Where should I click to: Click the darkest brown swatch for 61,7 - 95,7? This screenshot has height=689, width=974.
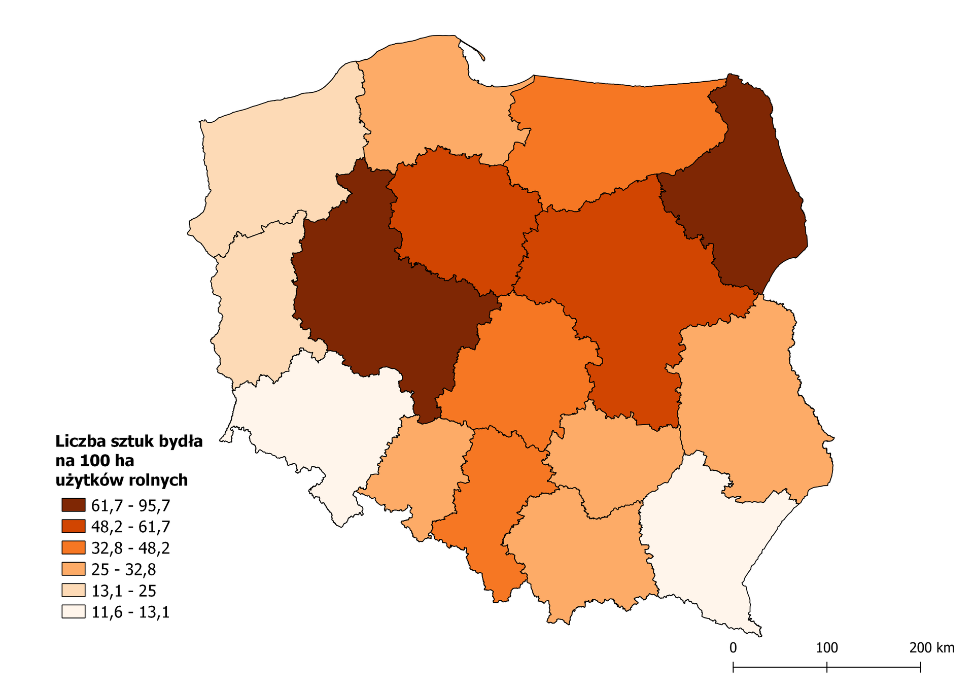[73, 505]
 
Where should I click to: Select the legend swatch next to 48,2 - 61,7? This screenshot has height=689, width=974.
[73, 526]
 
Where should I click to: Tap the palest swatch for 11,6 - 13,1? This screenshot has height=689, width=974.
[73, 611]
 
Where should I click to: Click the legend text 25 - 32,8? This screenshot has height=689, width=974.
[123, 569]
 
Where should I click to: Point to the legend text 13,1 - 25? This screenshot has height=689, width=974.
[123, 591]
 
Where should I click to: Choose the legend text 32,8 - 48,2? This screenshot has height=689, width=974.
[130, 548]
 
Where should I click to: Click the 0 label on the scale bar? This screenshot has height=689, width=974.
[733, 648]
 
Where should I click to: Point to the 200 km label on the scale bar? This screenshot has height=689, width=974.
[931, 648]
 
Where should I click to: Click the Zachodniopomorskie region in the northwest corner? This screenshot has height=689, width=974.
[279, 152]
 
